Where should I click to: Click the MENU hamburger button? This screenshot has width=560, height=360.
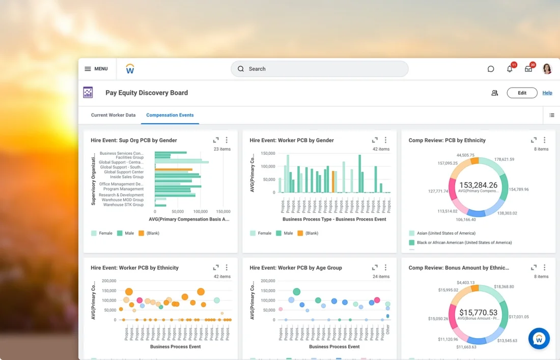tap(96, 69)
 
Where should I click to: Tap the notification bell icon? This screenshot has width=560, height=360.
tap(510, 69)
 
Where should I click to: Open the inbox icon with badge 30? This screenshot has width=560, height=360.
tap(528, 69)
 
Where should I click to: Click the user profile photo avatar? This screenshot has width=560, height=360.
tap(547, 69)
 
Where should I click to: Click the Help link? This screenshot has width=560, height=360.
tap(547, 93)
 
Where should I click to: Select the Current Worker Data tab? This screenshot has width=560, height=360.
tap(113, 115)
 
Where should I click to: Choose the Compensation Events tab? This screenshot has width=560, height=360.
tap(170, 115)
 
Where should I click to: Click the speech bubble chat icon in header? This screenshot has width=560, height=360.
tap(491, 69)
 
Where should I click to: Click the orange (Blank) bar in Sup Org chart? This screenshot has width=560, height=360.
tap(174, 170)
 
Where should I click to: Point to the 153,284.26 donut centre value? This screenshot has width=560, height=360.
tap(478, 185)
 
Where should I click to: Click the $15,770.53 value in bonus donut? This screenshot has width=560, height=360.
tap(478, 313)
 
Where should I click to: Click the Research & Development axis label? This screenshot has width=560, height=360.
tap(121, 195)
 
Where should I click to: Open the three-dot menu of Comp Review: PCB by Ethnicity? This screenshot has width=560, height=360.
tap(544, 140)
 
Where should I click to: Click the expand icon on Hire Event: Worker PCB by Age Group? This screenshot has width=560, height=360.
tap(375, 267)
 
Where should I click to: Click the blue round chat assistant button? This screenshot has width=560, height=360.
tap(539, 339)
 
